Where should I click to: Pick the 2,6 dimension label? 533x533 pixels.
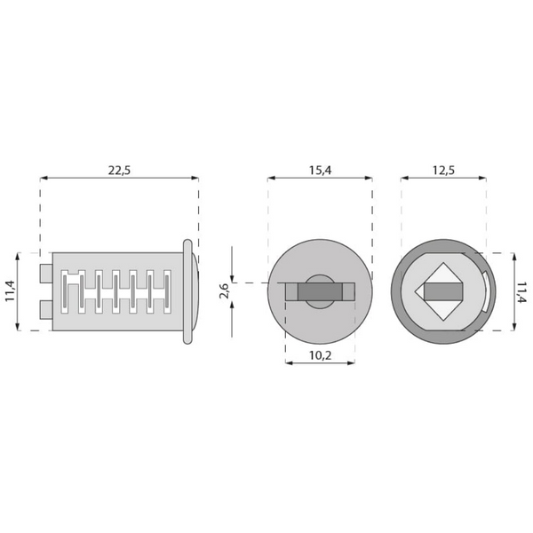[225, 290]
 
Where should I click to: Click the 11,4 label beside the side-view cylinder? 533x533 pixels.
[10, 290]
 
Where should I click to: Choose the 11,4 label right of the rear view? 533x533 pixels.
[522, 290]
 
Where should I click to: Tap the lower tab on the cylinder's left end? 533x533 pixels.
[45, 309]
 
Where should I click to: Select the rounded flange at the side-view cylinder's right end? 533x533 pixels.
[190, 290]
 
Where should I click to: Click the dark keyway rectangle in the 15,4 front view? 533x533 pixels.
[319, 290]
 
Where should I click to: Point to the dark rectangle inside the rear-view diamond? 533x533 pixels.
[442, 290]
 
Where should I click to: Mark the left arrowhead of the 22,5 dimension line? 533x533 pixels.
[44, 179]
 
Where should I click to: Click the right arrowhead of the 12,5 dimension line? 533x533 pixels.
[482, 179]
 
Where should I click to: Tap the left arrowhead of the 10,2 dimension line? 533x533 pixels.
[289, 362]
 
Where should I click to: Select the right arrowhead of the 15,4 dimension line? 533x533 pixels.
[369, 179]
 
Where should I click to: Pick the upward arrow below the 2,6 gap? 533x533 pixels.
[232, 305]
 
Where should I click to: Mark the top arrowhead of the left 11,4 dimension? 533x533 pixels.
[20, 255]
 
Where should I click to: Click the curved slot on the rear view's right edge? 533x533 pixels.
[488, 290]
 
